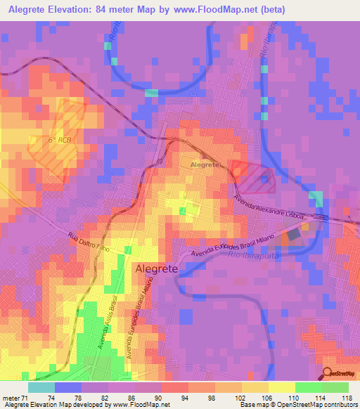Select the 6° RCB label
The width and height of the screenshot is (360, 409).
60,140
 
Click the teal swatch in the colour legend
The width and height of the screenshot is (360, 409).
41,387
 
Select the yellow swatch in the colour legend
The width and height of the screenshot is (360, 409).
281,387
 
